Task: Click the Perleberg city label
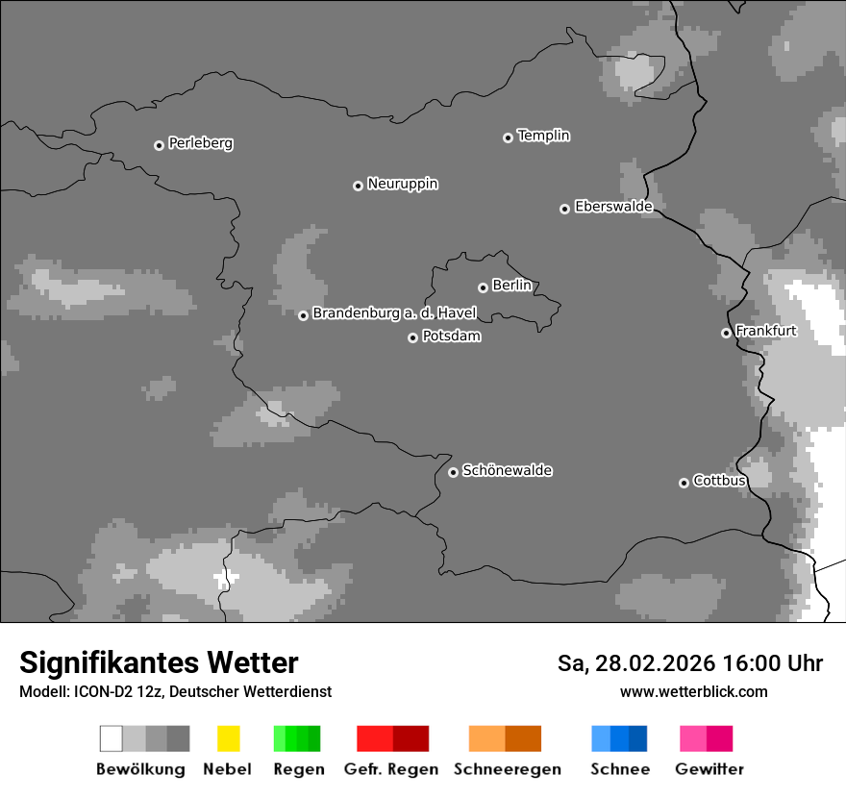click(x=200, y=143)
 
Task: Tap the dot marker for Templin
click(x=508, y=137)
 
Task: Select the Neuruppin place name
click(x=402, y=184)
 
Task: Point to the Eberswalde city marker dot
click(x=564, y=209)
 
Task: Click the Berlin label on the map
click(x=511, y=286)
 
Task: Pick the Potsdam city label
click(x=451, y=337)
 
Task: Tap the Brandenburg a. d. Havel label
click(x=394, y=313)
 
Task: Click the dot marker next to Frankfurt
click(x=726, y=333)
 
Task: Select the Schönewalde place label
click(x=507, y=470)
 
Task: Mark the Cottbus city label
click(x=719, y=481)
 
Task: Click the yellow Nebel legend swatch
click(x=228, y=738)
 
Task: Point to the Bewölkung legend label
click(x=140, y=769)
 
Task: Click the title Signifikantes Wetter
click(x=159, y=662)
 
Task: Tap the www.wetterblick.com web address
click(x=693, y=691)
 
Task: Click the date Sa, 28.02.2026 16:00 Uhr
click(x=689, y=663)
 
